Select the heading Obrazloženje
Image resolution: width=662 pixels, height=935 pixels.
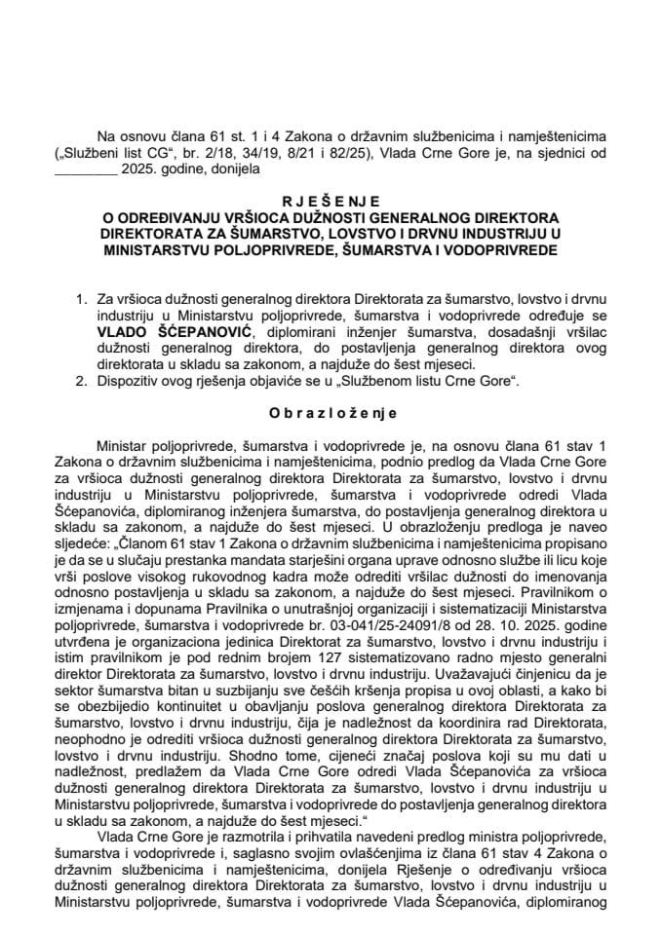[331, 412]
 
